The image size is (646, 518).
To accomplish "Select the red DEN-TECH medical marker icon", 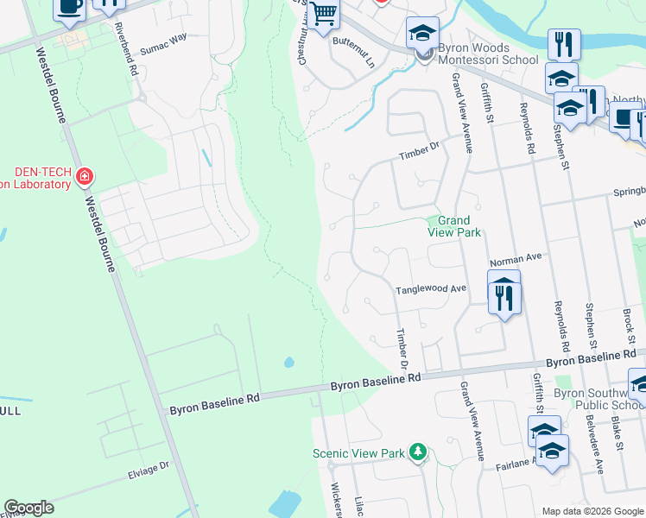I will point(84,178).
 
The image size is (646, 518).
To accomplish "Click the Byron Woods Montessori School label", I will point(487,53).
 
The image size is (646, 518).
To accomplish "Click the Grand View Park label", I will point(453,226).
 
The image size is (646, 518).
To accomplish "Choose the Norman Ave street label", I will point(515,257).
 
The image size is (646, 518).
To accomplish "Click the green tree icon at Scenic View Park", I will point(418,452).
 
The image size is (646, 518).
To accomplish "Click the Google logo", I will point(28,508).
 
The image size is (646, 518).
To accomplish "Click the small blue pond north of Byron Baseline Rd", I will point(288,362).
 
